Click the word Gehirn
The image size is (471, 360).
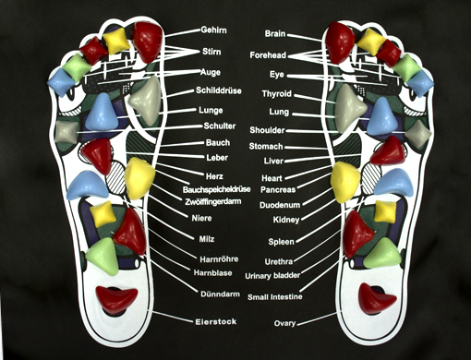(213, 30)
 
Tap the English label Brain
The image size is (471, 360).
(275, 33)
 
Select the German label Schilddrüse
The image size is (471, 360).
(219, 90)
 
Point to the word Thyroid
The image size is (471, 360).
(276, 94)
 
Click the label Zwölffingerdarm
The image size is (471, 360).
(213, 202)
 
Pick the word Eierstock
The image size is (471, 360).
(216, 322)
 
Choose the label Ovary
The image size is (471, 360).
(284, 323)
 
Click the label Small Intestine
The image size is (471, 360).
(275, 297)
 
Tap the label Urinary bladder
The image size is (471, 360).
(272, 276)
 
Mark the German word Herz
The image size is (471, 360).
(214, 176)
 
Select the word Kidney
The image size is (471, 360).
(286, 220)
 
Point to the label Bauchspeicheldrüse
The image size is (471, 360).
(216, 189)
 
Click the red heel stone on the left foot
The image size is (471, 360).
(116, 299)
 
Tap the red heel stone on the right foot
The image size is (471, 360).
(376, 298)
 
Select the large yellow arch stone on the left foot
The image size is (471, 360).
(139, 178)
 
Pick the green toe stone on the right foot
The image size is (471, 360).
(406, 67)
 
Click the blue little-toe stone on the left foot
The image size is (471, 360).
(62, 82)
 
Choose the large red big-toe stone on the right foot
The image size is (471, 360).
(340, 42)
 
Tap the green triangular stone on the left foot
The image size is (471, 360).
(103, 256)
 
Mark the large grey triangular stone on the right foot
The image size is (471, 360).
(350, 108)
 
